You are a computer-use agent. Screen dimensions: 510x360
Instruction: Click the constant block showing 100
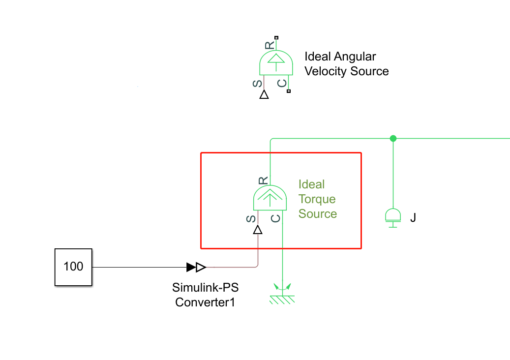(73, 267)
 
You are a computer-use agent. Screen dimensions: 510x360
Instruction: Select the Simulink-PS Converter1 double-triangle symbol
(196, 267)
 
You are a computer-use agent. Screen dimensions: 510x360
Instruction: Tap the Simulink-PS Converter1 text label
(205, 295)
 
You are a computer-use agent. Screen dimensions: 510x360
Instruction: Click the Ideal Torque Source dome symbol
(270, 198)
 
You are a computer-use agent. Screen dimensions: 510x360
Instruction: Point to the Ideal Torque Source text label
(318, 199)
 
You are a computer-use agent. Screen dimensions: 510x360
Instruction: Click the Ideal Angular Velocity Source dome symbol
(276, 62)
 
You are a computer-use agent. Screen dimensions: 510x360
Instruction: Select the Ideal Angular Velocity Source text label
(347, 64)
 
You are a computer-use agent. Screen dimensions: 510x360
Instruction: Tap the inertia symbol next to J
(393, 217)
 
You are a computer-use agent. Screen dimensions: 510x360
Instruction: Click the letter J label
(413, 217)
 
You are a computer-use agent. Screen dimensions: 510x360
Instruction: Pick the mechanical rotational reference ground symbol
(282, 294)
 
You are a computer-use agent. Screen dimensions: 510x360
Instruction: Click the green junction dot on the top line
(393, 139)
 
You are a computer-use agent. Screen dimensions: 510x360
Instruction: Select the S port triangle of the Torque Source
(258, 230)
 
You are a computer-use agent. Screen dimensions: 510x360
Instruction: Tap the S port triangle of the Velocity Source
(264, 94)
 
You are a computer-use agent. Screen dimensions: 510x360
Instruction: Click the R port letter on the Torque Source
(263, 180)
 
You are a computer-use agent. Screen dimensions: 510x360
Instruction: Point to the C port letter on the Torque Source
(275, 218)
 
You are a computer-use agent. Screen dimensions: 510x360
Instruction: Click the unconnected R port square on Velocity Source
(276, 38)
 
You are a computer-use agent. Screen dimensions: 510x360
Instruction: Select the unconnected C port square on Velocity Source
(289, 91)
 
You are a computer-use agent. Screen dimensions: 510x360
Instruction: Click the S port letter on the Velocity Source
(257, 84)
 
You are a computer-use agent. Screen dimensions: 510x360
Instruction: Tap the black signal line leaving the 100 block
(139, 268)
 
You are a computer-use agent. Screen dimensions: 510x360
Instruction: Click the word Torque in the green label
(317, 199)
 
